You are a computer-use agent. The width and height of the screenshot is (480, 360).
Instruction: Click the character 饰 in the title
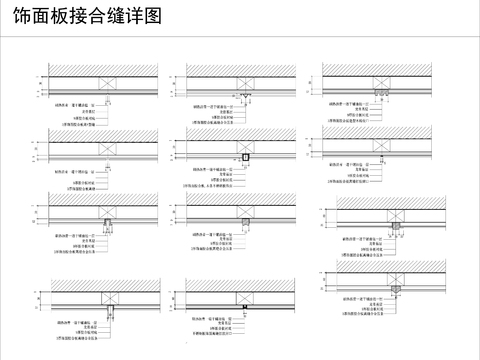[16, 19]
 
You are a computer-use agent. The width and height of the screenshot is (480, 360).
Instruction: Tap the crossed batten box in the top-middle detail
[245, 84]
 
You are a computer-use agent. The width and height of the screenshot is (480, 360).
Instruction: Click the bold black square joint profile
[245, 158]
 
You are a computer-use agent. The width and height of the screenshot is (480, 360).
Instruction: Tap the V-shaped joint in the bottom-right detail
[397, 291]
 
